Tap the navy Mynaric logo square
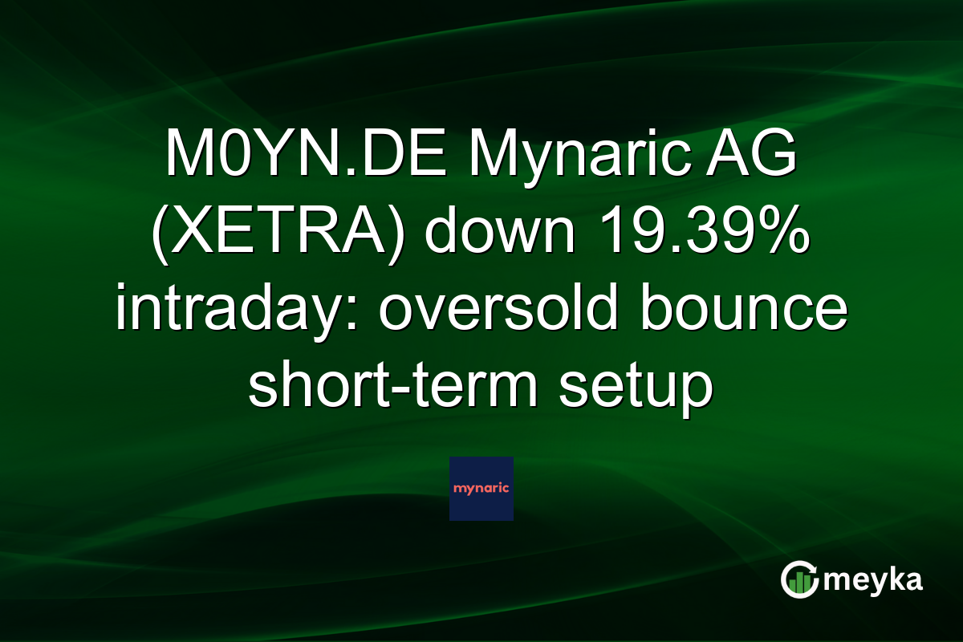[481, 489]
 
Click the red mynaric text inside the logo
[481, 488]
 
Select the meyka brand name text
[876, 580]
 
